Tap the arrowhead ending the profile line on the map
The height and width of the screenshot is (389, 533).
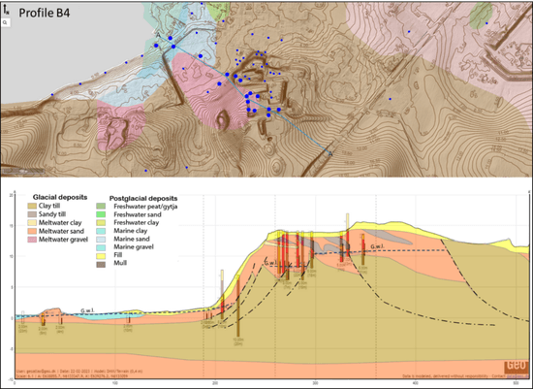click(330, 153)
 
